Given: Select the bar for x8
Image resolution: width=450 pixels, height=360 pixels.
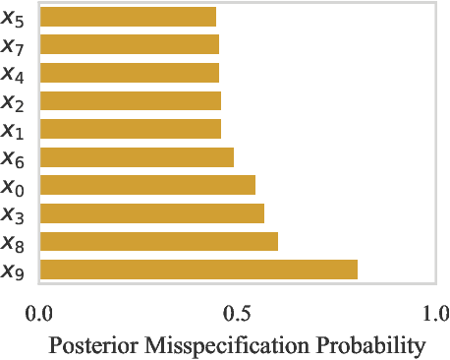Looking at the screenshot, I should [158, 242].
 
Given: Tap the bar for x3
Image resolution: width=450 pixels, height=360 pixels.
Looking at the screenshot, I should [151, 213].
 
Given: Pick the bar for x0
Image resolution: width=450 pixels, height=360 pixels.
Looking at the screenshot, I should [147, 185].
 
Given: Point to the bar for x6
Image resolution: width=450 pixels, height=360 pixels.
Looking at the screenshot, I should [137, 157].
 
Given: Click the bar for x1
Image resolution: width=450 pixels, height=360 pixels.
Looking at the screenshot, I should [130, 129].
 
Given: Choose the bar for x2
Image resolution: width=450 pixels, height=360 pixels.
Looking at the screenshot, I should [130, 100].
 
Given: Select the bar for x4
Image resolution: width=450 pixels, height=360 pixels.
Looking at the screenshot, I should [129, 73].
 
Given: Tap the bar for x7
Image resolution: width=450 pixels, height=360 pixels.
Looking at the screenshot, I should [129, 44].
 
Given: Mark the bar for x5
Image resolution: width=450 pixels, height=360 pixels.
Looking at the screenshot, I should [128, 17].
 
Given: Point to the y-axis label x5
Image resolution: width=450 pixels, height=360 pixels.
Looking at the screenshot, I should [14, 18].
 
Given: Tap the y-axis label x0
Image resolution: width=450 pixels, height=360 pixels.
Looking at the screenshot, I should [14, 187].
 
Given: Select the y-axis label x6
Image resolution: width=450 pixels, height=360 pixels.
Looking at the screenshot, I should [14, 158].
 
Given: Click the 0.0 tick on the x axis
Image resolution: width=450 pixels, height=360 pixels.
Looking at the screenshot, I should [39, 314].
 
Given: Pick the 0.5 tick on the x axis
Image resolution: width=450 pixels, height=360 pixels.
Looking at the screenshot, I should [237, 314].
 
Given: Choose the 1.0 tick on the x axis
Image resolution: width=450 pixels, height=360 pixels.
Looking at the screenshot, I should [434, 314].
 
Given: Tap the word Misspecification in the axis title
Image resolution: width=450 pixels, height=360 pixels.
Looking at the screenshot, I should [231, 345].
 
